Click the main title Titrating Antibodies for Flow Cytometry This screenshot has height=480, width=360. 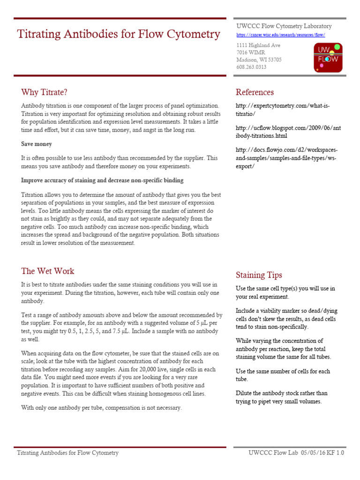point(118,34)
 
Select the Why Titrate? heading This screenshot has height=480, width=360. point(47,92)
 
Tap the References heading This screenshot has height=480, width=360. point(255,92)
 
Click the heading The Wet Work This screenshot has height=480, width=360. point(47,271)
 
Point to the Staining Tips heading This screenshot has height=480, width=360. point(259,275)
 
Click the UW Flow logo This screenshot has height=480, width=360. point(328,57)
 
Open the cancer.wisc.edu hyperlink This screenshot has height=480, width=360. point(280,35)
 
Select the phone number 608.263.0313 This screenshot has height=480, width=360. point(251,67)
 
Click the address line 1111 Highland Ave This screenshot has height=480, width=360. point(258,45)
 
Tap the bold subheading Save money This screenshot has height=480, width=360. point(37,144)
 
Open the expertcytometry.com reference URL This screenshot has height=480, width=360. point(283,110)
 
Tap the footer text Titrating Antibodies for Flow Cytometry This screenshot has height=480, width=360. point(67,453)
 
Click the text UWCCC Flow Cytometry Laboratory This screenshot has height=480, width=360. point(284,26)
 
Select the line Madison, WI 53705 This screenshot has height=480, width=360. point(259,60)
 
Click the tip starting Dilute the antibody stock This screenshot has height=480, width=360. point(281,397)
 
